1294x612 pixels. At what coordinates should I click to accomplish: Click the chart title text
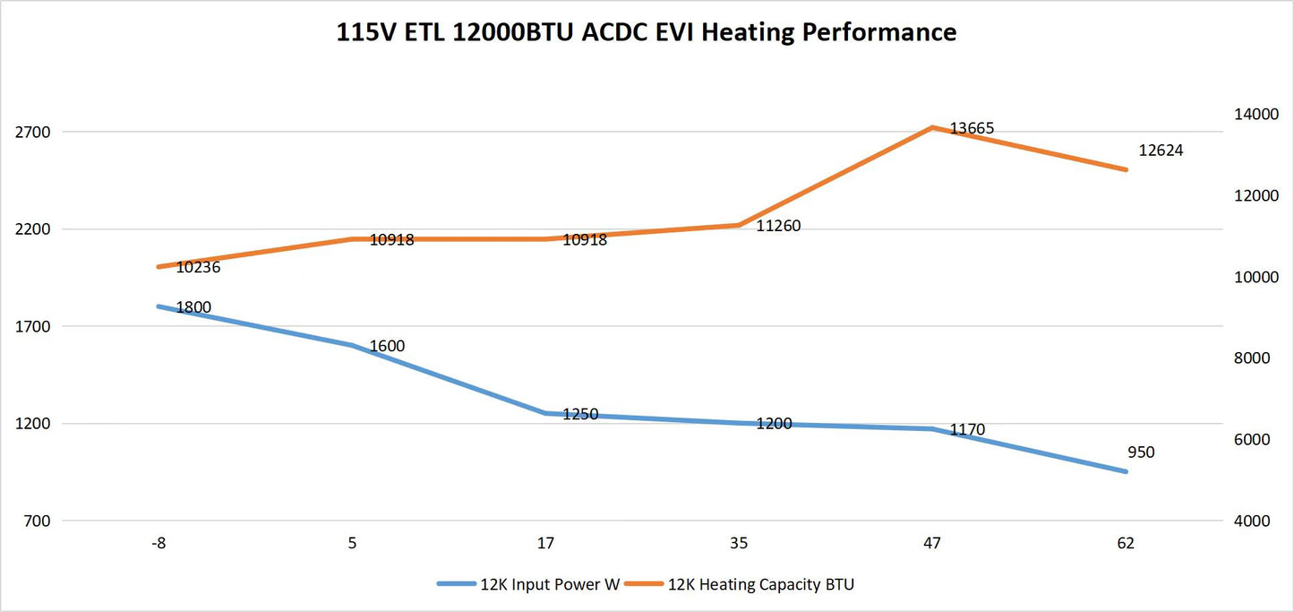coord(646,33)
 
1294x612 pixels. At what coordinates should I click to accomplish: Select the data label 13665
coord(972,129)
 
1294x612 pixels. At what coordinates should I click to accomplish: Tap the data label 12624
coord(1161,151)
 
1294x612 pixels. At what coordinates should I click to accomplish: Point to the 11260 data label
coord(778,227)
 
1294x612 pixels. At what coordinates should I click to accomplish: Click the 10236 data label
coord(198,267)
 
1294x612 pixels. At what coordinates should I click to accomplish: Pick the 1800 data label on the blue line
coord(193,307)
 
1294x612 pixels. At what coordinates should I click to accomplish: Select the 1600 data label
coord(387,346)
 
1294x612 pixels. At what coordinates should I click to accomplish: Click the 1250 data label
coord(580,414)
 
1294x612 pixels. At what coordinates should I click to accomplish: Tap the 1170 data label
coord(967,430)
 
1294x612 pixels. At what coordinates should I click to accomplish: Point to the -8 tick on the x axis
coord(159,543)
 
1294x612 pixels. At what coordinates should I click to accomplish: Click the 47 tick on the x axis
coord(932,543)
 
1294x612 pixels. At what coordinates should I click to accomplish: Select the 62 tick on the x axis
coord(1126,543)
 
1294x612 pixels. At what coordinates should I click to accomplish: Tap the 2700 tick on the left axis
coord(33,132)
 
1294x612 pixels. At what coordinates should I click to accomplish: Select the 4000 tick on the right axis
coord(1254,521)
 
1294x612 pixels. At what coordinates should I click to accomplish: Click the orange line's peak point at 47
coord(932,127)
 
